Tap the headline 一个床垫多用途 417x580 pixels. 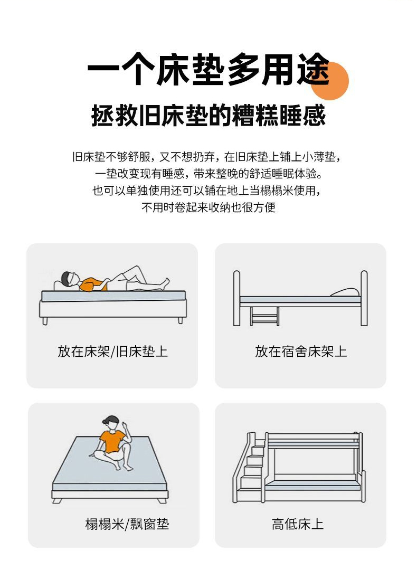(209, 70)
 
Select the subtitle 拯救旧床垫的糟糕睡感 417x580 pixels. (209, 116)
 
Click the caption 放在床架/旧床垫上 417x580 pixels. (112, 351)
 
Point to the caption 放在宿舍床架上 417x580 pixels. (300, 351)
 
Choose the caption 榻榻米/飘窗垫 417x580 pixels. (127, 524)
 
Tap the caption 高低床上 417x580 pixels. (298, 524)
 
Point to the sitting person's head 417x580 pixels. (111, 422)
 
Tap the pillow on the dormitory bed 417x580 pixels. (345, 292)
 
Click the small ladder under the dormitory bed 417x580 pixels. (264, 316)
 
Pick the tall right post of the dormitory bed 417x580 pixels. (364, 298)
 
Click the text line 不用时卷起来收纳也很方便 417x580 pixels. (209, 207)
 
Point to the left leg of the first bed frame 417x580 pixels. (45, 321)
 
